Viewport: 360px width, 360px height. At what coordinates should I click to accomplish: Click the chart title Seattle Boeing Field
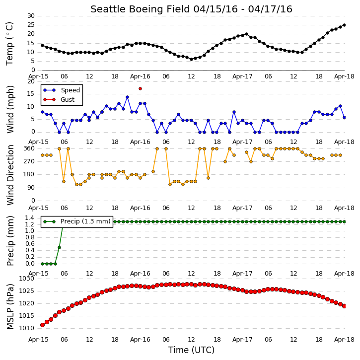pos(141,9)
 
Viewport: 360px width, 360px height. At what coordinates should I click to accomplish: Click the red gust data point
pos(141,88)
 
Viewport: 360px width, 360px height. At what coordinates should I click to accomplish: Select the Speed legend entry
pos(62,90)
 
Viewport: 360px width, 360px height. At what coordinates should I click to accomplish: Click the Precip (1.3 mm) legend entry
pos(77,221)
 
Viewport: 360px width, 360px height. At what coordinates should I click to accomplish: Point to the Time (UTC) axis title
pos(191,350)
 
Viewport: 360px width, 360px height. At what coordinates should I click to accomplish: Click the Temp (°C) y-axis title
pos(10,44)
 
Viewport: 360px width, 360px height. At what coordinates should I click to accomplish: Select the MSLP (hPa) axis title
pos(10,307)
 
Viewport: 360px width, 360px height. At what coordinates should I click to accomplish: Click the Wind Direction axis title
pos(10,175)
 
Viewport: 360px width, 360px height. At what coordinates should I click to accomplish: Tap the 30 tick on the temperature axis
pos(31,16)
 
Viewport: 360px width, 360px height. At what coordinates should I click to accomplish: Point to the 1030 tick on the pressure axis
pos(26,279)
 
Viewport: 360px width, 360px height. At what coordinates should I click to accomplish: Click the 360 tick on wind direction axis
pos(29,148)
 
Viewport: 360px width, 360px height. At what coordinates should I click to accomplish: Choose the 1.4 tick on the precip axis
pos(30,218)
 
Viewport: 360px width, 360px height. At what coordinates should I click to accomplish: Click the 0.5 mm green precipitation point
pos(59,247)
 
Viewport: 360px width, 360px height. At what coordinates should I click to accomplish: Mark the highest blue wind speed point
pos(128,97)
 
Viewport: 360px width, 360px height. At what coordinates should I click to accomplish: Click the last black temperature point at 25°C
pos(344,25)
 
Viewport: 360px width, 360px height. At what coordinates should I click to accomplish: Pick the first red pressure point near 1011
pos(43,325)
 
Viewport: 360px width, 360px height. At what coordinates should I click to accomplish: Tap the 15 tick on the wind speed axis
pos(31,94)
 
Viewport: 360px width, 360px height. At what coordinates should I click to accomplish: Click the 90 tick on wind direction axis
pos(31,188)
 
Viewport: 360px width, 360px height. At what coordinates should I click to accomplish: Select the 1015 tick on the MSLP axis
pos(26,316)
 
